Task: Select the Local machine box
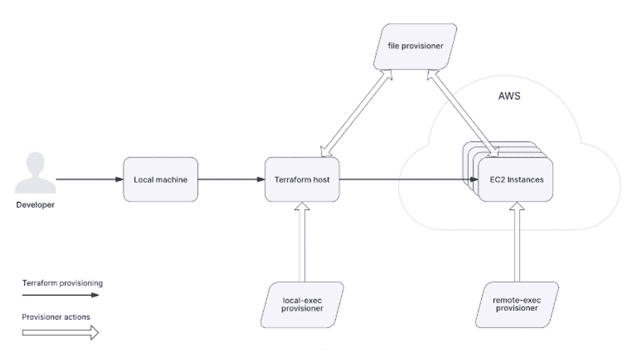pyautogui.click(x=161, y=180)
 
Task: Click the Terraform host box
pyautogui.click(x=303, y=180)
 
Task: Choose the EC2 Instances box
pyautogui.click(x=517, y=180)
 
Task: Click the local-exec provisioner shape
pyautogui.click(x=303, y=305)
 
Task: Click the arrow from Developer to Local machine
pyautogui.click(x=89, y=180)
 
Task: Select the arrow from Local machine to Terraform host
pyautogui.click(x=231, y=180)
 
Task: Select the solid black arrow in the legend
pyautogui.click(x=60, y=294)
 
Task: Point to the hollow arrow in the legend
pyautogui.click(x=60, y=333)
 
